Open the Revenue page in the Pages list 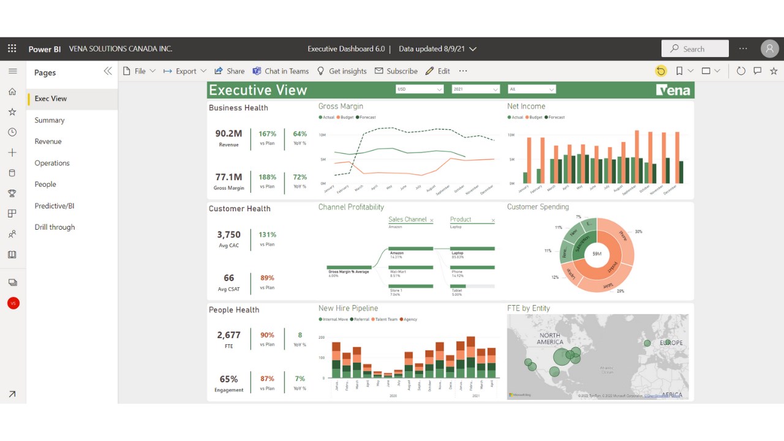click(x=48, y=141)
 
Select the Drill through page click(x=55, y=227)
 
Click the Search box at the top click(x=695, y=48)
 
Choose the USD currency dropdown click(x=419, y=89)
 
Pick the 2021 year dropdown click(x=475, y=89)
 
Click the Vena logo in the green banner click(x=673, y=91)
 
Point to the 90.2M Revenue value click(x=228, y=134)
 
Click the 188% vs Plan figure click(x=267, y=177)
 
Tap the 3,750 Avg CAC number click(x=228, y=235)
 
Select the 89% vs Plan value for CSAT click(x=267, y=278)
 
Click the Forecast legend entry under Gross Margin click(x=366, y=117)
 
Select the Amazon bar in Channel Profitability click(x=411, y=248)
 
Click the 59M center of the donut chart click(x=597, y=254)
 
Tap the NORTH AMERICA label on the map click(x=549, y=338)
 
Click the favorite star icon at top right click(x=774, y=71)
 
